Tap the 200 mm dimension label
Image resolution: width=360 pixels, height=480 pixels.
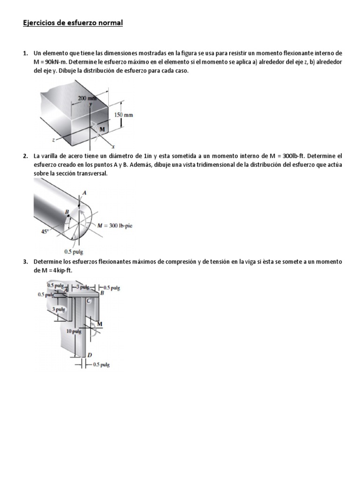[x=86, y=98]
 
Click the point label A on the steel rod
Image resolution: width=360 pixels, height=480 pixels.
[x=84, y=193]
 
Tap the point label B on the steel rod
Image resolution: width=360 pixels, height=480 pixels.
[x=67, y=212]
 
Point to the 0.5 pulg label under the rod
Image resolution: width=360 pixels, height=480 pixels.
[x=74, y=251]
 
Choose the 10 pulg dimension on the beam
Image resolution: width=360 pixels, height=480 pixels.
[x=74, y=331]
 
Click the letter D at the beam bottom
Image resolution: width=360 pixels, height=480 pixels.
[x=90, y=355]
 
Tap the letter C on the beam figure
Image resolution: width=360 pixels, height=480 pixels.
[x=88, y=301]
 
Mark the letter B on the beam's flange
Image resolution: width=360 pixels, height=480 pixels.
[x=102, y=293]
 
